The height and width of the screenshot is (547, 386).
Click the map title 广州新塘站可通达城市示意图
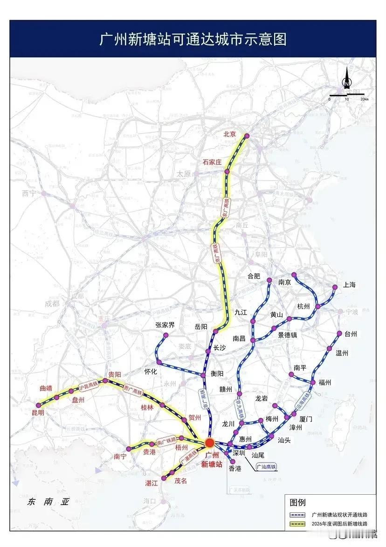193,39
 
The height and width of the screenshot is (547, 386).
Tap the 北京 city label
230,134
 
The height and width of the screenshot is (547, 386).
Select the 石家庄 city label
212,162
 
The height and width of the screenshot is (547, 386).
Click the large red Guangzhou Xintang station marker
210,442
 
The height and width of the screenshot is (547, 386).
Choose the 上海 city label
349,285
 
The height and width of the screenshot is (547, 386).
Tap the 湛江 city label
153,483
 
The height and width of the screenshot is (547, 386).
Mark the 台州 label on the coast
351,334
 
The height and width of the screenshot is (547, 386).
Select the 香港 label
234,468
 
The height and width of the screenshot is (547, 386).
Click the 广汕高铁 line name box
266,466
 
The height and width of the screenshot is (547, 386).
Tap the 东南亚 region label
48,502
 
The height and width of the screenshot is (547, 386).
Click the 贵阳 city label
115,374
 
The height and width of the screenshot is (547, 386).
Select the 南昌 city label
239,338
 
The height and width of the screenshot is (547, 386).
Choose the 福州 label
324,382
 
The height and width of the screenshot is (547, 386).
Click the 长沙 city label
219,348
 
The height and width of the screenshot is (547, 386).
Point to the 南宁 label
120,456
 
